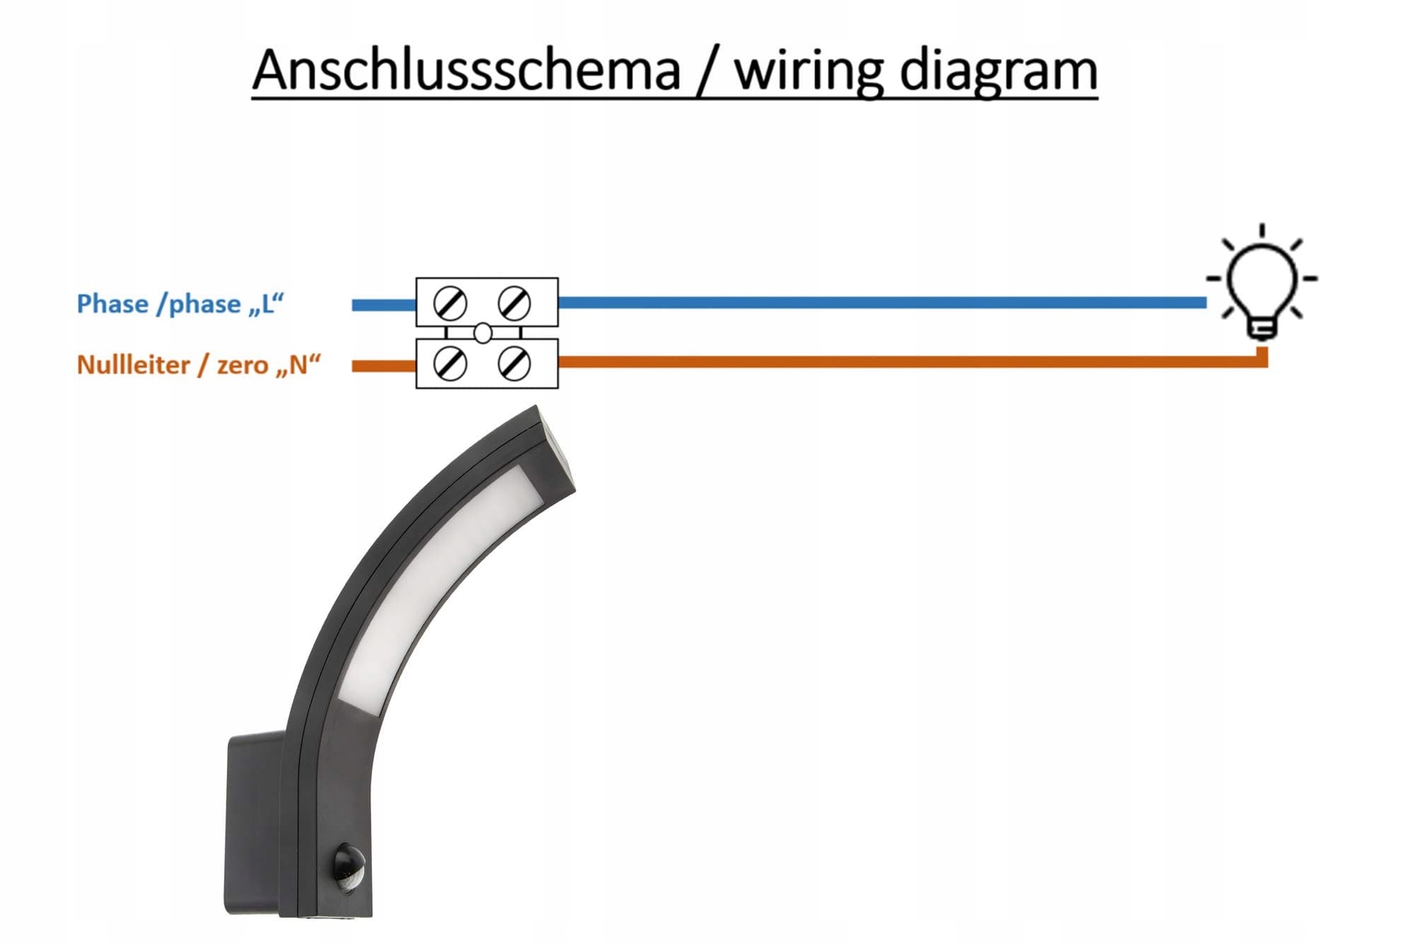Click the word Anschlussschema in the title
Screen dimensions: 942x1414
[466, 71]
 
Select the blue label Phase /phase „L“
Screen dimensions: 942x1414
[180, 304]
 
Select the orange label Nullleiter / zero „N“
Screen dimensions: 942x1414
[199, 365]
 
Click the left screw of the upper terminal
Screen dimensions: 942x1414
[450, 304]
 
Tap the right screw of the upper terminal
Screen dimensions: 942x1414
[514, 303]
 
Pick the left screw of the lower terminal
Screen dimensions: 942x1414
[450, 364]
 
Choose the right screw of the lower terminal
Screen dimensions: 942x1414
[514, 364]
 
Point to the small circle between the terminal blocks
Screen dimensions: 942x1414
[483, 333]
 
